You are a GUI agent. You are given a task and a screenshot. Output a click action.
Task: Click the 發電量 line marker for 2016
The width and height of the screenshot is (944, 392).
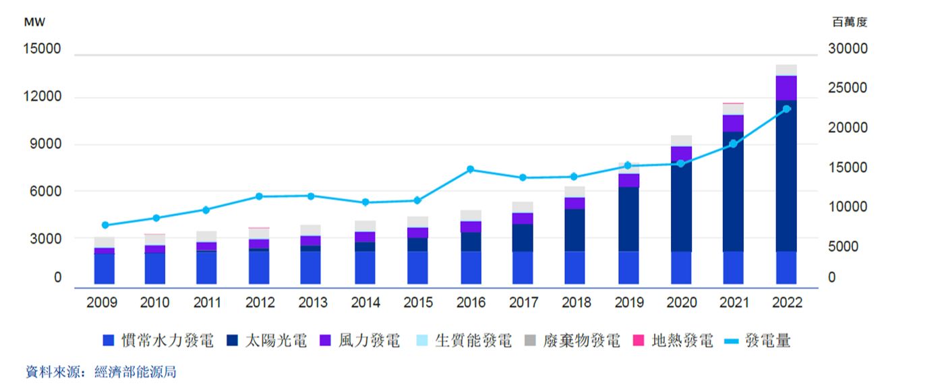click(x=471, y=169)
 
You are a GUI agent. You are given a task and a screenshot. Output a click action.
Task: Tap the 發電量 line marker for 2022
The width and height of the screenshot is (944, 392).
click(x=786, y=109)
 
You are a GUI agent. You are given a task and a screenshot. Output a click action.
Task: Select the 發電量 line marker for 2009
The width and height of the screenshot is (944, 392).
click(x=105, y=225)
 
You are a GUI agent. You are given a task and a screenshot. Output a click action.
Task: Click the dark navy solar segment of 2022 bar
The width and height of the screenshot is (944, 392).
click(x=786, y=175)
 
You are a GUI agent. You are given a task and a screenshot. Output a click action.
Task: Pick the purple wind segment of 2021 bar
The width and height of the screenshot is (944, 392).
click(x=734, y=123)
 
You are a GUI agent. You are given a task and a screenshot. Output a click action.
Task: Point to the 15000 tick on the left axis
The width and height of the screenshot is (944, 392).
click(x=42, y=50)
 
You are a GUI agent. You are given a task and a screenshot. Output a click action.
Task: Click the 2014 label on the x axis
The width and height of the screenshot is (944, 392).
click(x=365, y=303)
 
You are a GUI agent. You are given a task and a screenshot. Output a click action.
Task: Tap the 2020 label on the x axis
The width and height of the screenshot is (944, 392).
click(x=681, y=303)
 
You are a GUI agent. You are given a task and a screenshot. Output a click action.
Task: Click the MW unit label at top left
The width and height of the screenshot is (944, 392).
click(x=34, y=22)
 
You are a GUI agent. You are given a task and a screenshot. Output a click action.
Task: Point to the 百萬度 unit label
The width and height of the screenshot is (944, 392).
click(x=850, y=22)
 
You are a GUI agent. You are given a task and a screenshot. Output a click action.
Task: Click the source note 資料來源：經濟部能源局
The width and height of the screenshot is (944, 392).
click(x=101, y=372)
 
